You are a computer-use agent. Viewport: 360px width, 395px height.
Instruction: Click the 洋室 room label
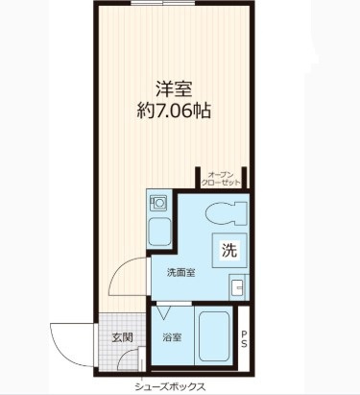[x=174, y=89]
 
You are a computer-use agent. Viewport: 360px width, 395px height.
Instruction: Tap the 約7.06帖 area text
[x=174, y=111]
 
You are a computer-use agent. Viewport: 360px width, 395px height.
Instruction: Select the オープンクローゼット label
[x=220, y=179]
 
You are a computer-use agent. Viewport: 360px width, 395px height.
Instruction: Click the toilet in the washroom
[x=227, y=213]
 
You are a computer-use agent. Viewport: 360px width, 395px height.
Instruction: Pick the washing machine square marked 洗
[x=229, y=250]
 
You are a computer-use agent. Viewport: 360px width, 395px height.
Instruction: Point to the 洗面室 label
[x=181, y=273]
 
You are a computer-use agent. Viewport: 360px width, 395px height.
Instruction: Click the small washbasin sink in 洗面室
[x=239, y=287]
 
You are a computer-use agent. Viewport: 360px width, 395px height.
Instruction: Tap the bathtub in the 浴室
[x=214, y=335]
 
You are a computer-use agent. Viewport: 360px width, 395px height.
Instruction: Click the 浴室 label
[x=172, y=337]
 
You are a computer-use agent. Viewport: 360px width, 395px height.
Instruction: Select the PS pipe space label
[x=244, y=339]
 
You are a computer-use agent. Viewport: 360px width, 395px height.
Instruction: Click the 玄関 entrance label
[x=122, y=337]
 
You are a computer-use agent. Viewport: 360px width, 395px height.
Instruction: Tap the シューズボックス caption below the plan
[x=170, y=386]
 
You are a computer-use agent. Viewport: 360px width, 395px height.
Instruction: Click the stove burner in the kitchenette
[x=158, y=203]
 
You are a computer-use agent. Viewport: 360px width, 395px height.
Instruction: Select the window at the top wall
[x=163, y=4]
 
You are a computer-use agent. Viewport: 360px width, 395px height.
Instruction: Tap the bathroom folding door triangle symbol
[x=164, y=313]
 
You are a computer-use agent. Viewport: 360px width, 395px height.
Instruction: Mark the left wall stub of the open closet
[x=198, y=178]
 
